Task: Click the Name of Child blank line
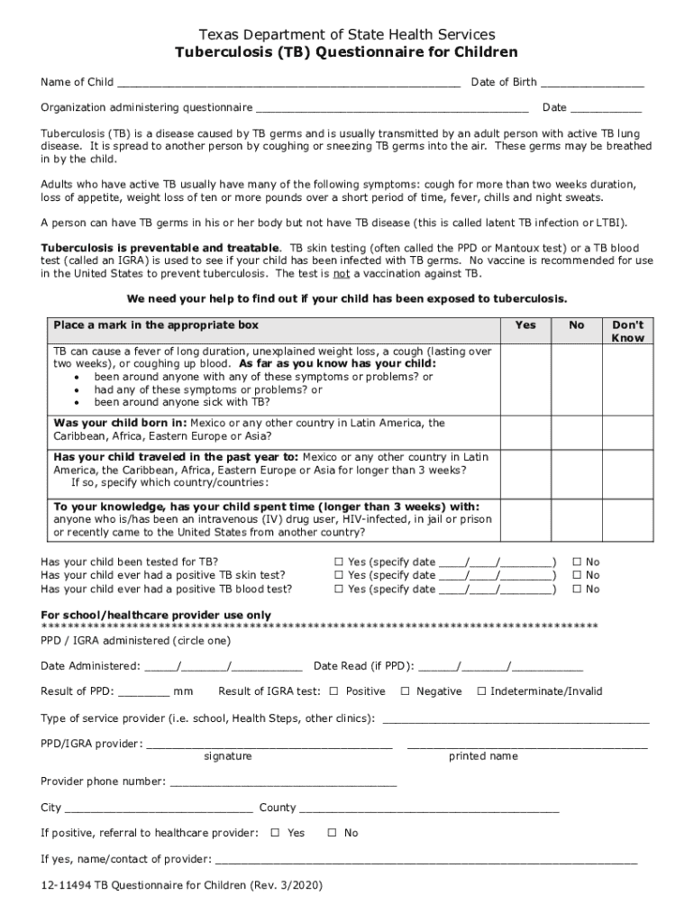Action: click(288, 84)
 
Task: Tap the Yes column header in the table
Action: click(525, 325)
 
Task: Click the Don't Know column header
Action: click(627, 331)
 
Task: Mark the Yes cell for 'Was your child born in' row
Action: click(525, 431)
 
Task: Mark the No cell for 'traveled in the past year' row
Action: click(577, 471)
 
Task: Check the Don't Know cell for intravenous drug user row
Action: click(627, 519)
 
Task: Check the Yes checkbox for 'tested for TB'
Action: click(339, 562)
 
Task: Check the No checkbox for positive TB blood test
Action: click(578, 589)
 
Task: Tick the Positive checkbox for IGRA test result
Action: click(333, 691)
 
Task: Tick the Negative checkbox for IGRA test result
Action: click(405, 691)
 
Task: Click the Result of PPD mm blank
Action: click(143, 693)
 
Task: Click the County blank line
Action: click(429, 809)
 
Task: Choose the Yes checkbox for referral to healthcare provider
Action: click(276, 833)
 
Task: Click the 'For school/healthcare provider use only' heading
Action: click(156, 615)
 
